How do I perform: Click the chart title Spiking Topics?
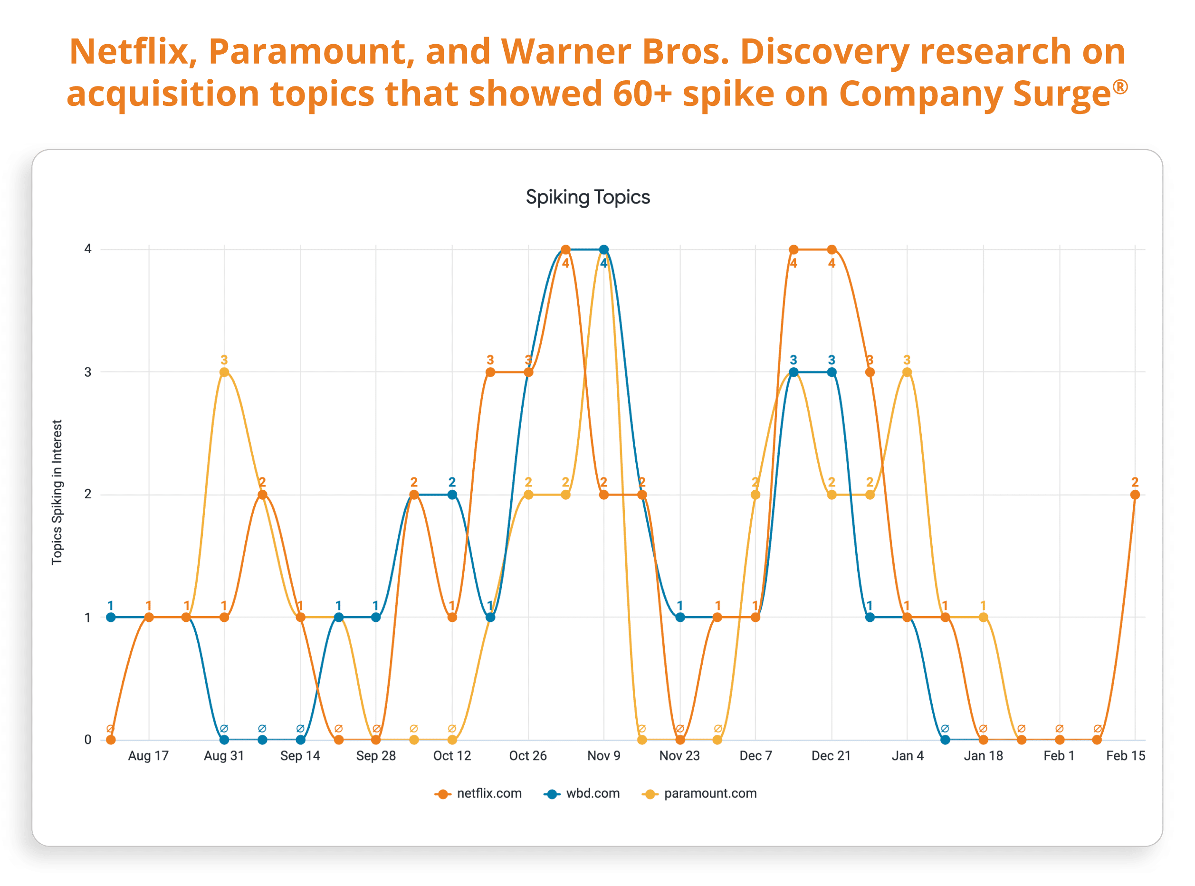[x=587, y=197]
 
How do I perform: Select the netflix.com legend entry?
[x=478, y=793]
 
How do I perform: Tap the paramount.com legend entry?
[x=699, y=793]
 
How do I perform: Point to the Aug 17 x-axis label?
[x=149, y=756]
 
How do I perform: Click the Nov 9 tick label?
[x=603, y=756]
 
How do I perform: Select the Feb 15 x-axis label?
[x=1125, y=756]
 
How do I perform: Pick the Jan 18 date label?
[x=983, y=756]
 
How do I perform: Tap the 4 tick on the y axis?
[x=88, y=249]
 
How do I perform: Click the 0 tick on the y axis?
[x=88, y=740]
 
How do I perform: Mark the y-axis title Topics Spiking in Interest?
[x=57, y=492]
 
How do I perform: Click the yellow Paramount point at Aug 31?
[x=224, y=372]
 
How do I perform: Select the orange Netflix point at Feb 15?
[x=1135, y=495]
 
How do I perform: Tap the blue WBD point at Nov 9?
[x=604, y=249]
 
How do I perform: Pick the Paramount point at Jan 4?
[x=907, y=372]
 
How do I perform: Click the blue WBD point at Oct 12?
[x=452, y=495]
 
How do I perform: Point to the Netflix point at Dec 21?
[x=832, y=249]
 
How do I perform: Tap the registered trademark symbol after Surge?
[x=1120, y=86]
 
